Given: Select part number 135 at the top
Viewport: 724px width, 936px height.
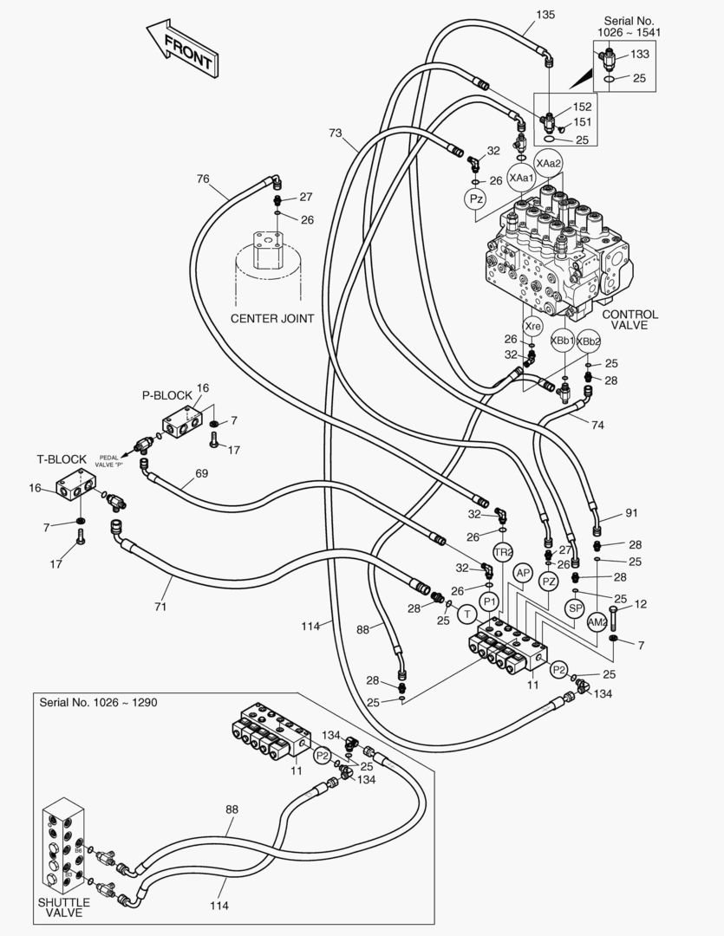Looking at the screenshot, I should [545, 15].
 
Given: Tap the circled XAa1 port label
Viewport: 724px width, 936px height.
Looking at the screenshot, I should [521, 178].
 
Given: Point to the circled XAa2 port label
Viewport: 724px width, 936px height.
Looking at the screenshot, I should [548, 163].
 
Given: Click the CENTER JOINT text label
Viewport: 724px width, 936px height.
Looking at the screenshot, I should [272, 318].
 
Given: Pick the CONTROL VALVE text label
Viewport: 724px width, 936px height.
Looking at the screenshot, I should [629, 320].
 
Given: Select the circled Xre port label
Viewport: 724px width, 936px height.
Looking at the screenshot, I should [532, 326].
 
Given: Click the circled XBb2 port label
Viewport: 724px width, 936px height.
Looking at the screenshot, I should [589, 341].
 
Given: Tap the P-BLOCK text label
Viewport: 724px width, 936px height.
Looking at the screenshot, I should [166, 394].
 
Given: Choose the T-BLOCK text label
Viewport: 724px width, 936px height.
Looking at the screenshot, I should [61, 459].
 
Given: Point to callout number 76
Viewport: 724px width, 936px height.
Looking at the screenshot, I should [203, 179].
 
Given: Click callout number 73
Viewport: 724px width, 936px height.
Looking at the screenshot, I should [336, 133].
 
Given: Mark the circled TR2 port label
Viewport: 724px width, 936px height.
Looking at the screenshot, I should [504, 552].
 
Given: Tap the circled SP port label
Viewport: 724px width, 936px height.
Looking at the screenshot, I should [575, 609].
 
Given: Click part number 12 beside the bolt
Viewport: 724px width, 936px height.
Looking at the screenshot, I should [641, 603].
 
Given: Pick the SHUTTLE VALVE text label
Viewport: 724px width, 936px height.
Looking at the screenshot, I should [63, 907].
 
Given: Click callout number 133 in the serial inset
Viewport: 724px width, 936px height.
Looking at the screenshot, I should [639, 54].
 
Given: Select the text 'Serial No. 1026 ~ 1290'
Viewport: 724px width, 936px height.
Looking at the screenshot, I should [98, 701].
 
